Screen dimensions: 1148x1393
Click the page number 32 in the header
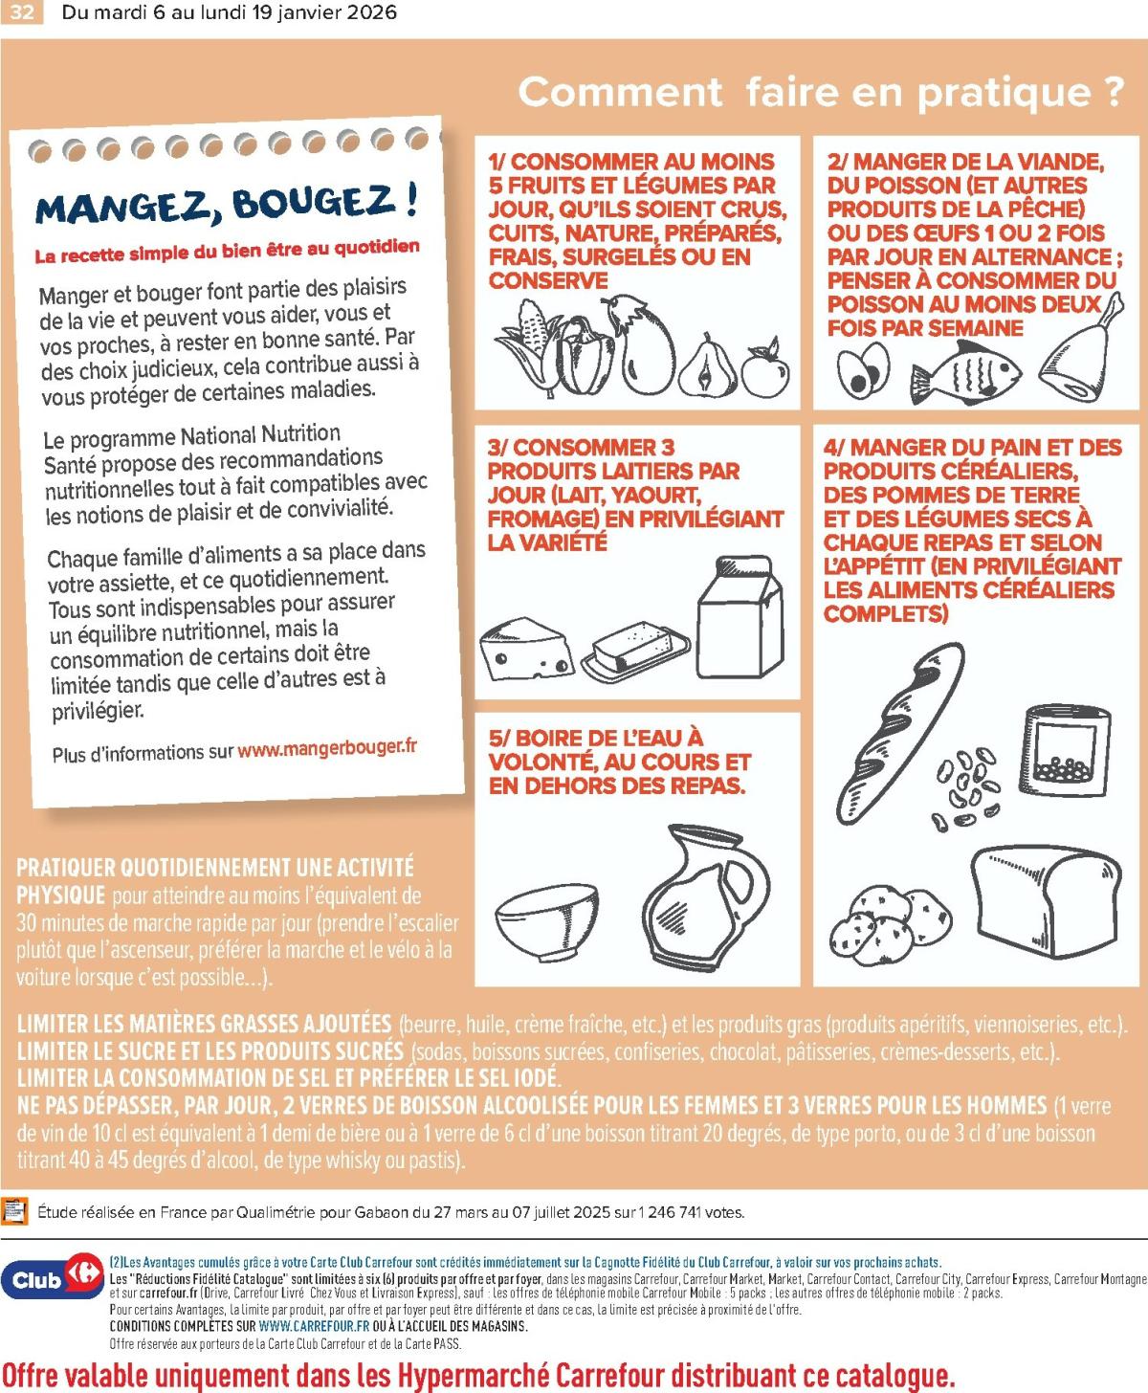22,12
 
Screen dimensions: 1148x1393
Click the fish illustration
965,372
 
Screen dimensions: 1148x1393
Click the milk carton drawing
740,616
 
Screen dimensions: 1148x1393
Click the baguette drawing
900,733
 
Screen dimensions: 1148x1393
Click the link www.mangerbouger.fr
327,748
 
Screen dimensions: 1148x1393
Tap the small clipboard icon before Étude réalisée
14,1211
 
